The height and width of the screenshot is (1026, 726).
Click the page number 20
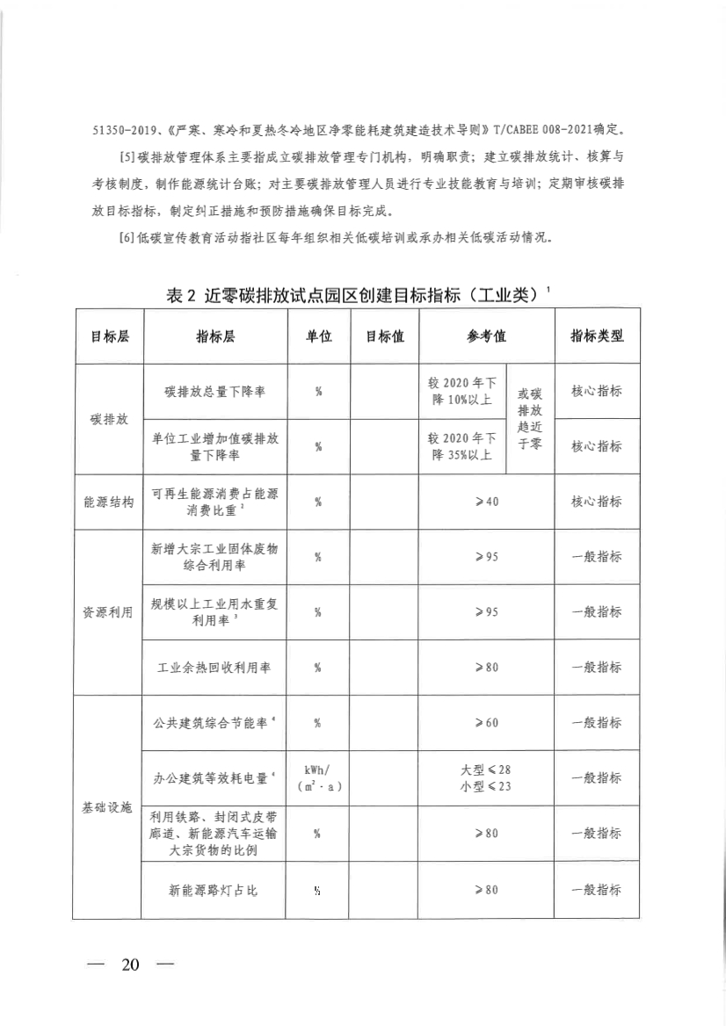click(x=131, y=964)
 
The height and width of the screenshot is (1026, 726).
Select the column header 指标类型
click(x=597, y=336)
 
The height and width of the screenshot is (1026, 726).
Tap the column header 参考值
click(x=486, y=336)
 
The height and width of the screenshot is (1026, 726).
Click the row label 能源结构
click(x=108, y=502)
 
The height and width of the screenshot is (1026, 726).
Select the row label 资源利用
click(x=108, y=612)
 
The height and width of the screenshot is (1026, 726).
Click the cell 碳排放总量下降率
click(x=214, y=391)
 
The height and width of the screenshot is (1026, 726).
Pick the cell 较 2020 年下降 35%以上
click(x=462, y=446)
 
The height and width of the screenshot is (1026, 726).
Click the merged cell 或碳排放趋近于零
click(x=529, y=419)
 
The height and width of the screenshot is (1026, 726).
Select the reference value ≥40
click(x=486, y=502)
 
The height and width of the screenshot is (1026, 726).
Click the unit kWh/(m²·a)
click(x=318, y=778)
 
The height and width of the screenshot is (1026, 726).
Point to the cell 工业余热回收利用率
click(x=214, y=668)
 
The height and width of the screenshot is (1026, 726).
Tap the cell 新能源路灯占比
click(x=214, y=890)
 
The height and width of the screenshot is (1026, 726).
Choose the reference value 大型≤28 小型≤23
click(x=486, y=778)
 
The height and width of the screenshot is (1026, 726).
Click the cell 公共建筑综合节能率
click(x=214, y=723)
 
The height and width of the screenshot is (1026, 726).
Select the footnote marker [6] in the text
click(x=124, y=239)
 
